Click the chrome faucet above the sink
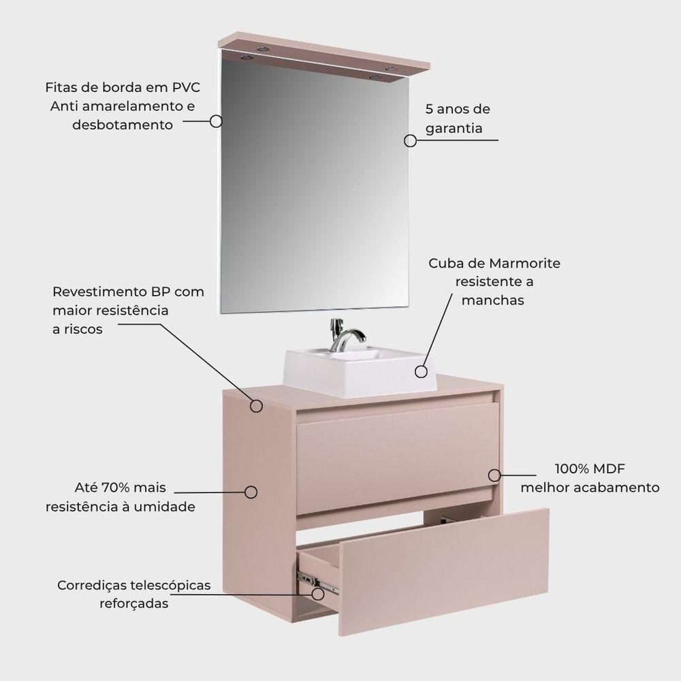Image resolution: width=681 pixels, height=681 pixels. coord(346,334)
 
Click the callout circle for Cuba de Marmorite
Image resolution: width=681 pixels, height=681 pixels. coord(421,371)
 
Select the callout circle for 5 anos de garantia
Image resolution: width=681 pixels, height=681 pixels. coord(410,141)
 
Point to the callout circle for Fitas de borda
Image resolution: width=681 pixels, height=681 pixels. coord(216,121)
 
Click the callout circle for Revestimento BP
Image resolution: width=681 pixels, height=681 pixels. coord(256,406)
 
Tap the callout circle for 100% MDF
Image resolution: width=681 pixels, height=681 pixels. coord(494,475)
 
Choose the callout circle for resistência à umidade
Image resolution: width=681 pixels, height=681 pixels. coord(251,492)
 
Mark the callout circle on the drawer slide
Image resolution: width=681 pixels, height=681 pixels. coord(318,594)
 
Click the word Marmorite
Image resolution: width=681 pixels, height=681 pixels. coord(524,263)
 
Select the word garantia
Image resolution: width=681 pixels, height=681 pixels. coord(454,129)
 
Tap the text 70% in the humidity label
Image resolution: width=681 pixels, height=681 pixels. coord(116,488)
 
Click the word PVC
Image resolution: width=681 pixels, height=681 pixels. coord(186,88)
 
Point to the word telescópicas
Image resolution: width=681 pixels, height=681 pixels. coord(171,586)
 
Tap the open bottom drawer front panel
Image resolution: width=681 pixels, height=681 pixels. coord(443,571)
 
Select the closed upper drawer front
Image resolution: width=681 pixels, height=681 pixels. coord(398,458)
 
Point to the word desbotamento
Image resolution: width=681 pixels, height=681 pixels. coord(123,125)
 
